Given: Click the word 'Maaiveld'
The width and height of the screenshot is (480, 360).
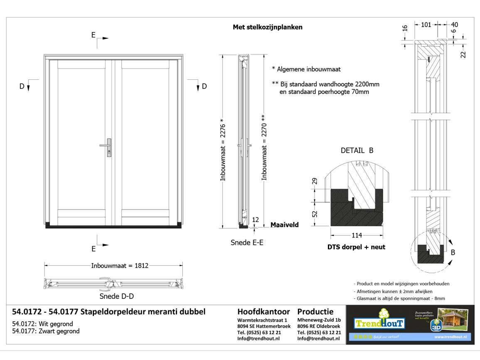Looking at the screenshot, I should (285, 224).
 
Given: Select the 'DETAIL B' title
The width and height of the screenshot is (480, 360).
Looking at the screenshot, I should (357, 151).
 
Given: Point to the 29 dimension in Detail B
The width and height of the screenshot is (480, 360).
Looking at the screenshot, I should (315, 181).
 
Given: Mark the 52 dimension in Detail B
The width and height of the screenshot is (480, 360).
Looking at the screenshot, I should (315, 214).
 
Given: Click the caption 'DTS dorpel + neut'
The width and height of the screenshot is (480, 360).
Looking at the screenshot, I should (357, 247).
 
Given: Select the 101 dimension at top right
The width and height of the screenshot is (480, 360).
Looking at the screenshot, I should (426, 24).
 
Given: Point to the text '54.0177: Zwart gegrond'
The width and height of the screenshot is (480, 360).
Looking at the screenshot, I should (46, 331).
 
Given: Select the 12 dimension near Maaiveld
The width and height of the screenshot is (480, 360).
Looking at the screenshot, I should (255, 219).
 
